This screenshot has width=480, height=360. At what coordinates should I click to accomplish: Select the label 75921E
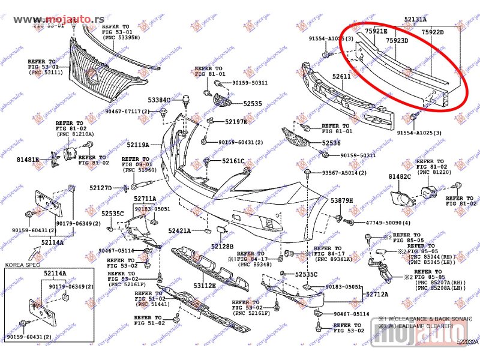click(376, 31)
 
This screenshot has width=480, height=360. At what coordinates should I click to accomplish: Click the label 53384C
click(160, 100)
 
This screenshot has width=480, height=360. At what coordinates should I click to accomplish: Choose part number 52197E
click(236, 122)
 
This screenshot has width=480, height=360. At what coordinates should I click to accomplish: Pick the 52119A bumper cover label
click(137, 145)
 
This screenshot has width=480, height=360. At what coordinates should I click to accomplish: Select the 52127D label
click(101, 188)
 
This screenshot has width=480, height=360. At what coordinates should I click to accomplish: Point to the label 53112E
click(204, 286)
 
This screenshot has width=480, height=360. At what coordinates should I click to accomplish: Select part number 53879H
click(342, 200)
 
